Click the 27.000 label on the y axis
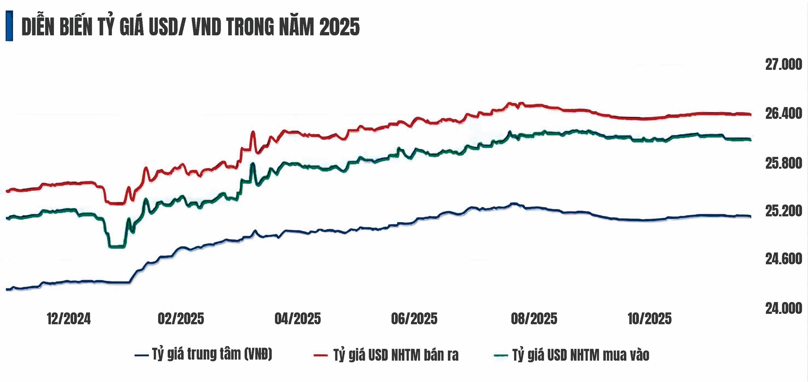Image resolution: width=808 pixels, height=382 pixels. pos(783,64)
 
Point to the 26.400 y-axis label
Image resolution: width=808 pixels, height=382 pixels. pos(783,113)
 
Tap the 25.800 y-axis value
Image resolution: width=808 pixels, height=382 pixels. pos(783,163)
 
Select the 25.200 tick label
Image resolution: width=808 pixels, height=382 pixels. pos(783,211)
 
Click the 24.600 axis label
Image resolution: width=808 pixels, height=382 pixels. pos(783,259)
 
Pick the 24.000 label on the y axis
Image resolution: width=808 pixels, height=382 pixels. pos(783,308)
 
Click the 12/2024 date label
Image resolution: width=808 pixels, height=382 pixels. pos(69,319)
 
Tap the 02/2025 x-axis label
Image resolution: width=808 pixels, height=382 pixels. pos(181,319)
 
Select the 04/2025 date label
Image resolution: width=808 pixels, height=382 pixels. pos(298,319)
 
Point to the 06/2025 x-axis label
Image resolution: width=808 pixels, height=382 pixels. pos(414,319)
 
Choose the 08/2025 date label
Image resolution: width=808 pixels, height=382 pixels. pos(534,319)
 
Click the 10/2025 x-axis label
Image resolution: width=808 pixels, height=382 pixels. pos(649,319)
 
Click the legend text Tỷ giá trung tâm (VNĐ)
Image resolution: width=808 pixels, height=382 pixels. pos(212,354)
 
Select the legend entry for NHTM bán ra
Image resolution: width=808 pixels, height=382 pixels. pos(396,355)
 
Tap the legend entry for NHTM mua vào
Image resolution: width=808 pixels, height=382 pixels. pos(580,355)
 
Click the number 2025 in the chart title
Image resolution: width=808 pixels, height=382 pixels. pos(339,27)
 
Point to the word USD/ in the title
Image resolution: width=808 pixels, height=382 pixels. pos(166,27)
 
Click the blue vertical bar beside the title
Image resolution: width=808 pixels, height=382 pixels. pos(9,26)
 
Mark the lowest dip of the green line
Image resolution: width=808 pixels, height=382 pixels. pos(117,246)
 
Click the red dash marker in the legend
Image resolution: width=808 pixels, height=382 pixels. pos(320,355)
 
